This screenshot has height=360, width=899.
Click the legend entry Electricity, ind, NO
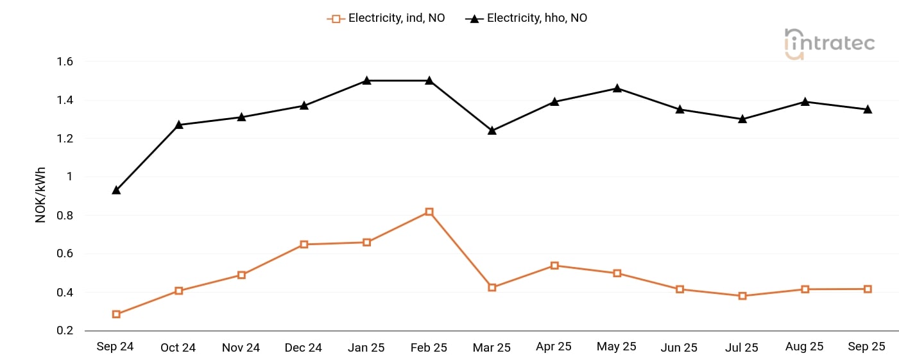[386, 19]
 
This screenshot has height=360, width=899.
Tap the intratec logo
[829, 44]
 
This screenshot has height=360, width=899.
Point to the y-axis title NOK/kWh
[40, 195]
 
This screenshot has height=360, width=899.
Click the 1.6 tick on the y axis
[66, 62]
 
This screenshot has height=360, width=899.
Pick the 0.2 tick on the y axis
[66, 330]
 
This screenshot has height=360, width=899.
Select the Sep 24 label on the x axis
[115, 347]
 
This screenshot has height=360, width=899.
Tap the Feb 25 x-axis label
[429, 347]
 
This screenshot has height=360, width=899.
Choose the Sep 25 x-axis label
[866, 347]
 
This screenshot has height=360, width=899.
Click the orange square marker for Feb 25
[429, 212]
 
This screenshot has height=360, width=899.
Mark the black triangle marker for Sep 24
[116, 190]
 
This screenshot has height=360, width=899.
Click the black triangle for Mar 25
[492, 130]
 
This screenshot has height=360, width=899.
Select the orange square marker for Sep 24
[116, 314]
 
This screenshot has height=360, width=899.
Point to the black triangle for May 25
[617, 88]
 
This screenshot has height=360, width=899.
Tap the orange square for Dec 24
[304, 244]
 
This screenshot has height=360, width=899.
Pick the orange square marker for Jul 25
[742, 296]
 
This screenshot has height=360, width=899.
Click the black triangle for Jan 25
[366, 80]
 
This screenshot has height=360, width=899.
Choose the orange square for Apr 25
[554, 266]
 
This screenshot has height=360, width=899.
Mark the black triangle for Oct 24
[179, 124]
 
